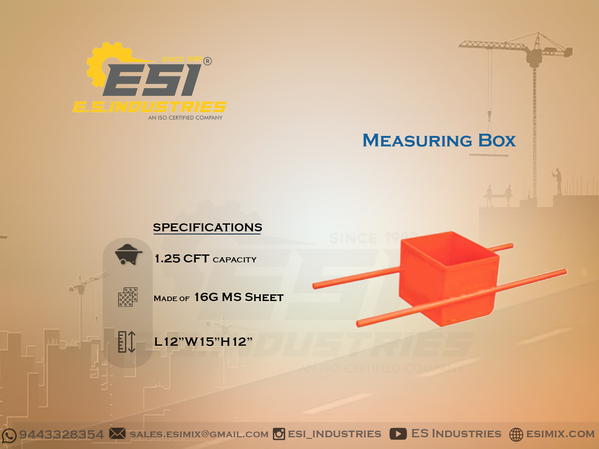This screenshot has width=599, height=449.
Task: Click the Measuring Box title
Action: [439, 141]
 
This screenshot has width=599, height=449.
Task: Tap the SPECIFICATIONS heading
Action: [208, 228]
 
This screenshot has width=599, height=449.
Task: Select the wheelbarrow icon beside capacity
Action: [128, 254]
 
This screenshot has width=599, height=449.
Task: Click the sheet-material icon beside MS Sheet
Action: [128, 297]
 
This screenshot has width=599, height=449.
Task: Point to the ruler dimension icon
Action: [127, 342]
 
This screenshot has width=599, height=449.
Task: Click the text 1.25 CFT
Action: [182, 259]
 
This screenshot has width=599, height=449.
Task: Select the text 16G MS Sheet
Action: [239, 298]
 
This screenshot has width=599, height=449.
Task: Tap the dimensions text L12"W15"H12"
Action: [203, 342]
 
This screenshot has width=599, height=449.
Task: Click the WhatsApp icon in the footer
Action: [9, 435]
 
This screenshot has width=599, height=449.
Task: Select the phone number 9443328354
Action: [61, 434]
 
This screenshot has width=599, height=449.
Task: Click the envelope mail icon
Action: [117, 433]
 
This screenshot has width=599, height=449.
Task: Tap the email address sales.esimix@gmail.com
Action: [199, 434]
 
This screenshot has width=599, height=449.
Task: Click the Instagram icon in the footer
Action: [279, 434]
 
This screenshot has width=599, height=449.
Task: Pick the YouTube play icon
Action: [398, 434]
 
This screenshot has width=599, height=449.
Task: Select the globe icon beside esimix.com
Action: [516, 434]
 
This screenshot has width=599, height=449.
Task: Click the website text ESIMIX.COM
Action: [560, 434]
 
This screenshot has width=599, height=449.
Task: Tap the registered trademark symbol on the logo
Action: [208, 61]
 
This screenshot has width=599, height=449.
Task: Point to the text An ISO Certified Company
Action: [185, 118]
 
